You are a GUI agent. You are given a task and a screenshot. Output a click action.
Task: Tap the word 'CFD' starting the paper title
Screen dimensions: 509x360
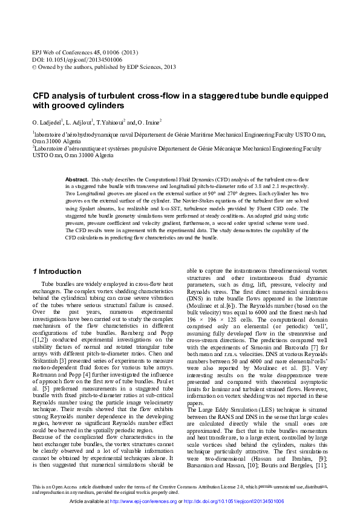pyautogui.click(x=41, y=96)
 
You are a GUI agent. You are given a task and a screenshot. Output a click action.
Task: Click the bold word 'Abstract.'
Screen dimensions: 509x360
pyautogui.click(x=77, y=180)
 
